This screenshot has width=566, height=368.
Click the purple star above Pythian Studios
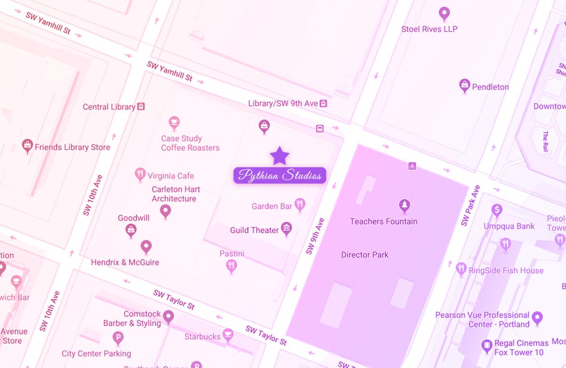coord(280,155)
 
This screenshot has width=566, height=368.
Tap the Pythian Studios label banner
coord(280,176)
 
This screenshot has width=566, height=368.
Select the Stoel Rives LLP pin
coord(444,13)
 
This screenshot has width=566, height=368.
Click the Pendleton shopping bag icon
coord(465,86)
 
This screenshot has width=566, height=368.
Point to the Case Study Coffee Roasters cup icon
coord(174,123)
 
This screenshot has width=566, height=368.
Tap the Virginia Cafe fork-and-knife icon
coord(140,175)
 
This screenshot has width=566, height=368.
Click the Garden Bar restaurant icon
coord(300,204)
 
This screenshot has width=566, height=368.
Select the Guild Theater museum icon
coord(286,229)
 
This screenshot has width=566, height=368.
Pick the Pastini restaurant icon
coord(231,266)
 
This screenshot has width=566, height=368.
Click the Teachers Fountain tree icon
coord(404,205)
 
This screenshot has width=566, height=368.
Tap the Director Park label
coord(365,255)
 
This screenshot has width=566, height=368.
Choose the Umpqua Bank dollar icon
coord(496,210)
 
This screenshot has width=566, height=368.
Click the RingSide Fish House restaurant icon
coord(461,269)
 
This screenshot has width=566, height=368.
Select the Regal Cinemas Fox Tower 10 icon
coord(487,346)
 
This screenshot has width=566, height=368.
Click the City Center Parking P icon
coord(118,337)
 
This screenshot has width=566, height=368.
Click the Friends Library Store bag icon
coord(27,146)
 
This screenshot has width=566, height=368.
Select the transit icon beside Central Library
coord(141,107)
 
